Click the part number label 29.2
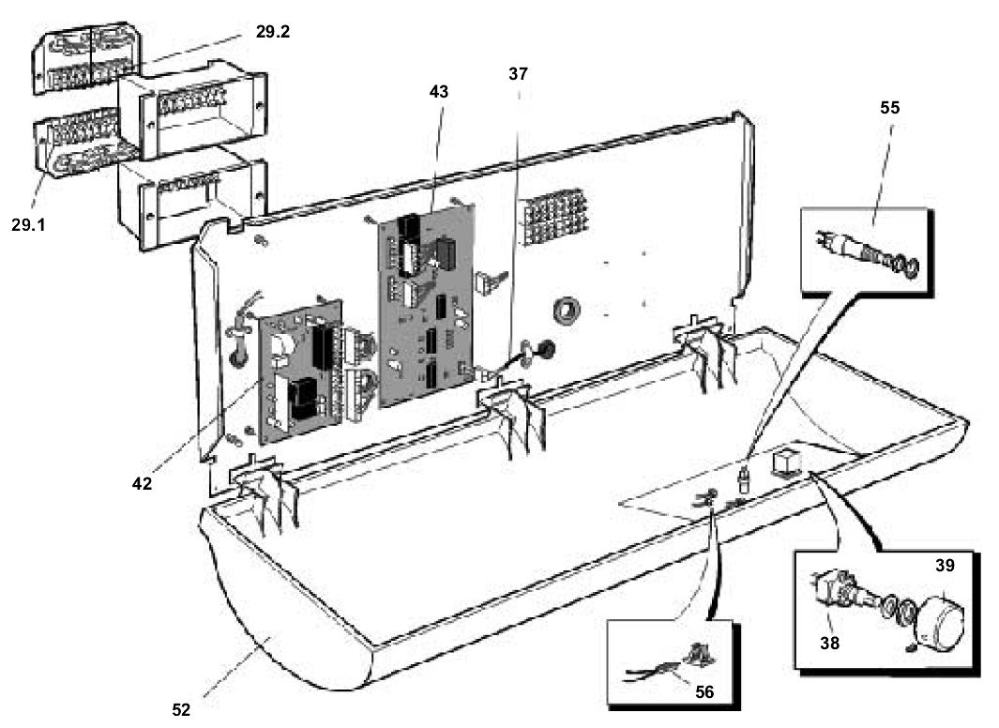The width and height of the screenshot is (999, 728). click(x=273, y=32)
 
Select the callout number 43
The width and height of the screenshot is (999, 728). click(x=438, y=92)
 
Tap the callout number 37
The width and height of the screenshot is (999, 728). click(x=519, y=71)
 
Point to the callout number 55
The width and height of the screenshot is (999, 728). click(x=889, y=107)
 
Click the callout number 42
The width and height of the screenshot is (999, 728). click(x=143, y=485)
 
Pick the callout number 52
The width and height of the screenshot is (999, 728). click(x=182, y=709)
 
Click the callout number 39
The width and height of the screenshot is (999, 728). click(x=945, y=566)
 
